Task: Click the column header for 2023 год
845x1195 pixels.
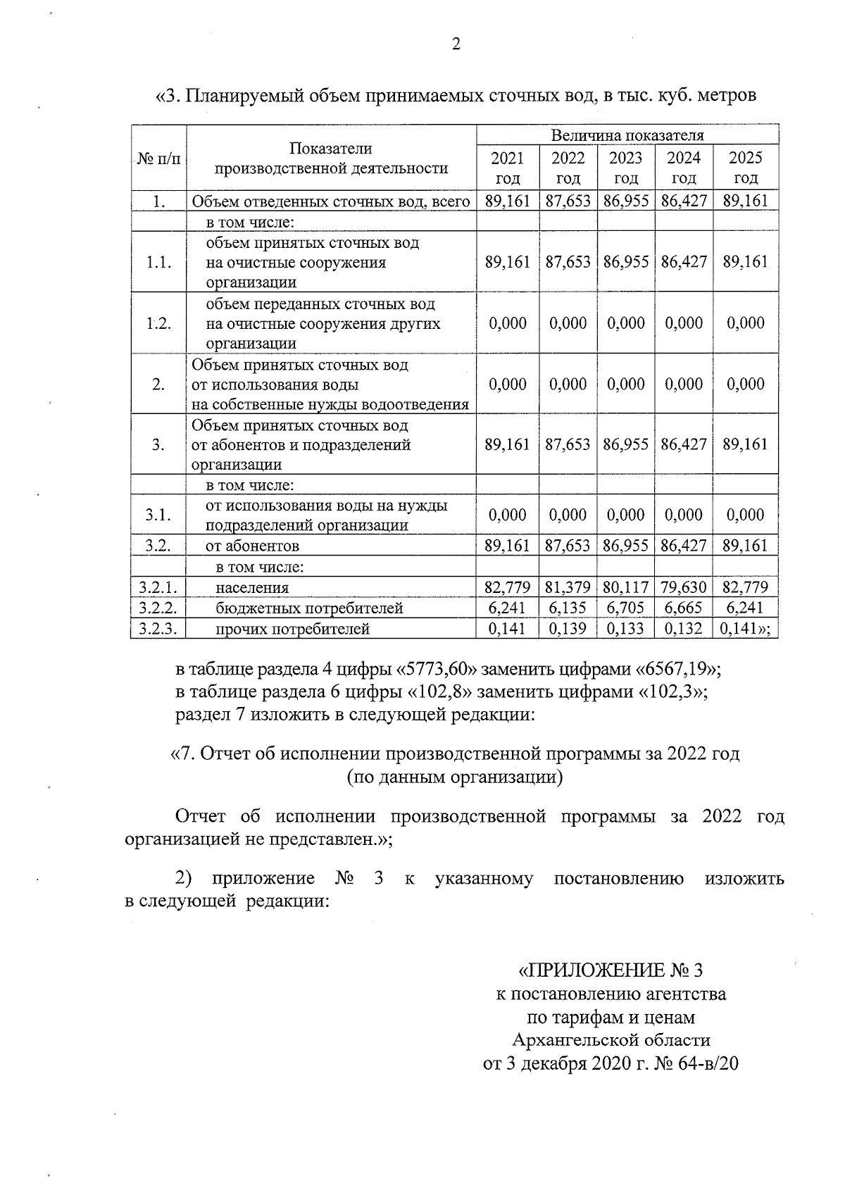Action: (625, 168)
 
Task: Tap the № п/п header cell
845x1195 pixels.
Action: (158, 161)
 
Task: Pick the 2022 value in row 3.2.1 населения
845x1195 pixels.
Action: (568, 587)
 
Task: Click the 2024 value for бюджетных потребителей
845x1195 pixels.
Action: (683, 608)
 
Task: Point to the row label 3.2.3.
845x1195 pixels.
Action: (158, 629)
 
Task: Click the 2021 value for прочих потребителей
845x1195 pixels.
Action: (507, 629)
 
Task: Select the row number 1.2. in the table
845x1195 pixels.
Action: (158, 323)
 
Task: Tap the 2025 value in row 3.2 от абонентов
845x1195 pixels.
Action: (745, 546)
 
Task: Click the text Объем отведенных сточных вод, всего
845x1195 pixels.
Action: (331, 201)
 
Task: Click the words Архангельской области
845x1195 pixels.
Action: (611, 1040)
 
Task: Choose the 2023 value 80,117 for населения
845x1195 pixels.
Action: (625, 587)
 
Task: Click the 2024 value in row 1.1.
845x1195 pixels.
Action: (683, 262)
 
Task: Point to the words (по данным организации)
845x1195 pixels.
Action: (455, 777)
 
